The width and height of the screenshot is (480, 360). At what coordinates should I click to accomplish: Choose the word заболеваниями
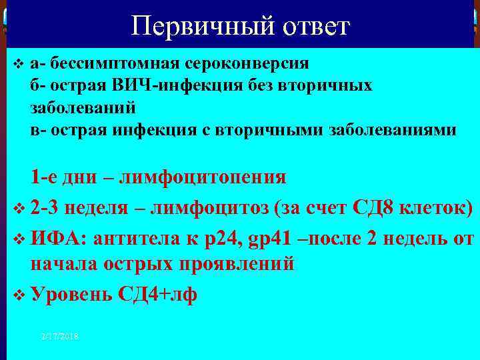click(x=393, y=130)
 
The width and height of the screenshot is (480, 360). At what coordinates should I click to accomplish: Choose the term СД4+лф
click(x=157, y=294)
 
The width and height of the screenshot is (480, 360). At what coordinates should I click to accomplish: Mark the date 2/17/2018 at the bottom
click(x=59, y=337)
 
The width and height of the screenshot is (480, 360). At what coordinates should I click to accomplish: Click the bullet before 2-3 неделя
click(x=19, y=209)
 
